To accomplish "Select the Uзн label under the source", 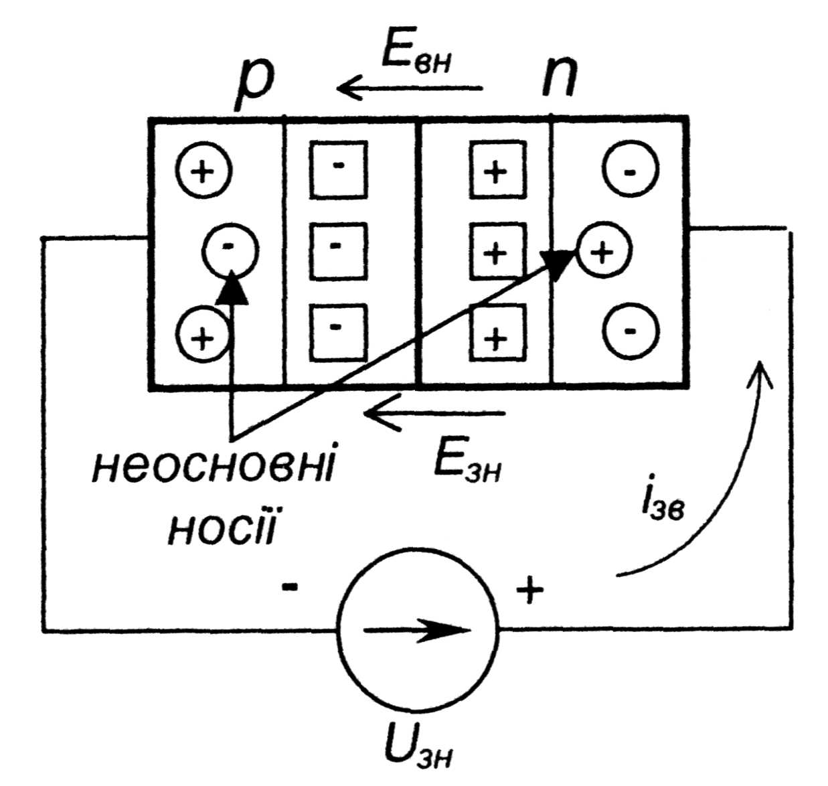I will pyautogui.click(x=419, y=749).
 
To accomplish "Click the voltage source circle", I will pyautogui.click(x=418, y=629).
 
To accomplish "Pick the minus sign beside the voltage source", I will pyautogui.click(x=290, y=588).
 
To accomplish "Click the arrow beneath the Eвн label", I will pyautogui.click(x=409, y=88).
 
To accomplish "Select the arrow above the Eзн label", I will pyautogui.click(x=434, y=414).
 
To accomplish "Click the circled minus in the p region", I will pyautogui.click(x=230, y=250).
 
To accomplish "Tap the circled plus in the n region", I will pyautogui.click(x=603, y=252).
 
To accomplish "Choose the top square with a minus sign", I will pyautogui.click(x=339, y=169).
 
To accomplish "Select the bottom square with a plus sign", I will pyautogui.click(x=495, y=333).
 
